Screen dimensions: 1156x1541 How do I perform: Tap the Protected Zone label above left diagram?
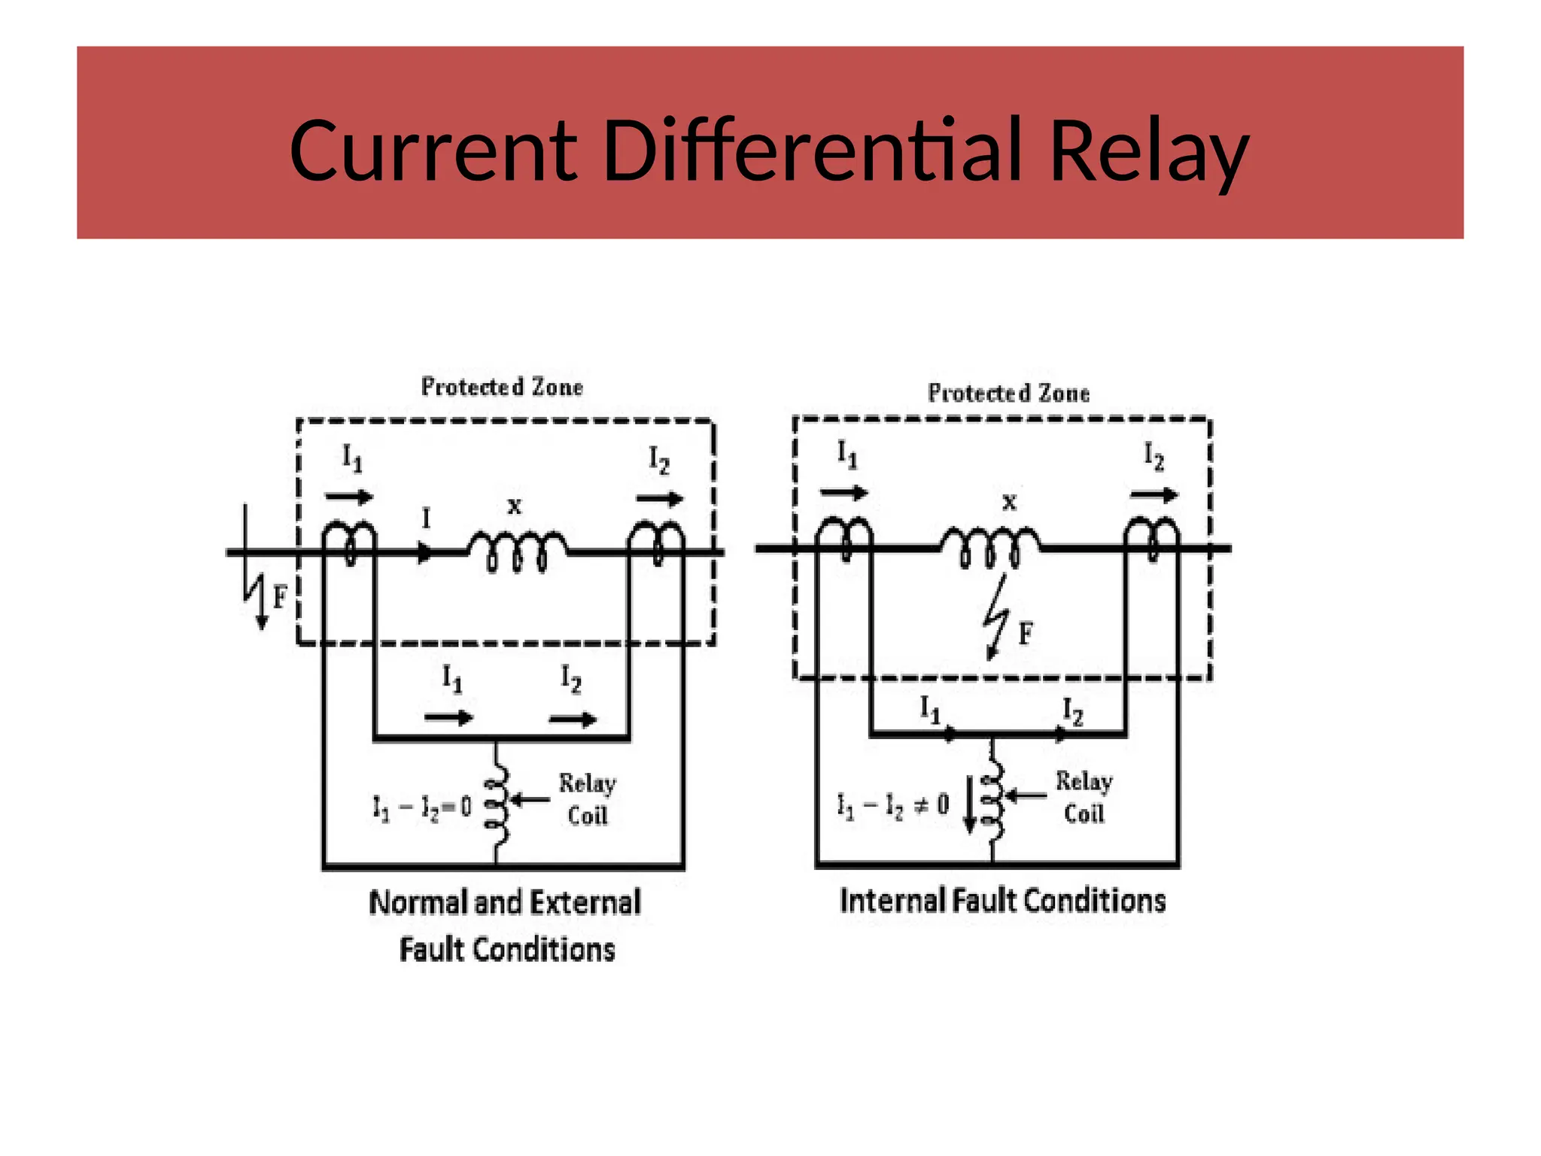point(502,387)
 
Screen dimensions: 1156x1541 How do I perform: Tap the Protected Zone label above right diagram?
point(1008,393)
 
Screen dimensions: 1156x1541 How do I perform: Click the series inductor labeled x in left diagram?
point(517,549)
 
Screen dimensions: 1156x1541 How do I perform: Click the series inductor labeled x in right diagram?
point(990,546)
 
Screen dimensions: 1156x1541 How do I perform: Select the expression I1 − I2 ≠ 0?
point(893,806)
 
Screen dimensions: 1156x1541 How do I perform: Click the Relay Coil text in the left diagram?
point(587,799)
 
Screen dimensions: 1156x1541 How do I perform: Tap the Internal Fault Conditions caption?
point(1002,901)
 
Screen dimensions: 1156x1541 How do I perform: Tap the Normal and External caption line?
point(505,902)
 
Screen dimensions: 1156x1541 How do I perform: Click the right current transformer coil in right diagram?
point(1152,537)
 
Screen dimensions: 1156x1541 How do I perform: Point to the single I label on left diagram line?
point(426,519)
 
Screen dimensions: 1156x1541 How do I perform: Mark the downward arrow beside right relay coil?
point(970,805)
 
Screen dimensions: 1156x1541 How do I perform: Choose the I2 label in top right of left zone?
point(658,460)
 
